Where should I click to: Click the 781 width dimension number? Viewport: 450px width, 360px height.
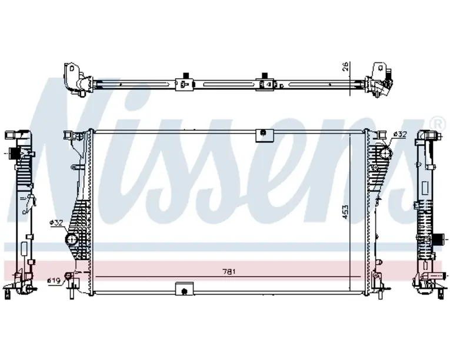click(x=229, y=271)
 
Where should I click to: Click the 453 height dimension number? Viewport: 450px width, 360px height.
click(x=345, y=212)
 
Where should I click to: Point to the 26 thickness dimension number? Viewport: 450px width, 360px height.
click(x=345, y=66)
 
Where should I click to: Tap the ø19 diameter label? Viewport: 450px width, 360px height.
click(x=54, y=280)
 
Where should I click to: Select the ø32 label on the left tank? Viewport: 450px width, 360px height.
click(x=56, y=222)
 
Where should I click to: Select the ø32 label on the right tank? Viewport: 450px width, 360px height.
click(x=400, y=134)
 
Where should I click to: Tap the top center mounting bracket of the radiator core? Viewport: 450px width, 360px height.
click(x=265, y=135)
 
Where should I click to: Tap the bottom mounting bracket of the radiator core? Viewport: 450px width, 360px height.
click(x=184, y=288)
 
